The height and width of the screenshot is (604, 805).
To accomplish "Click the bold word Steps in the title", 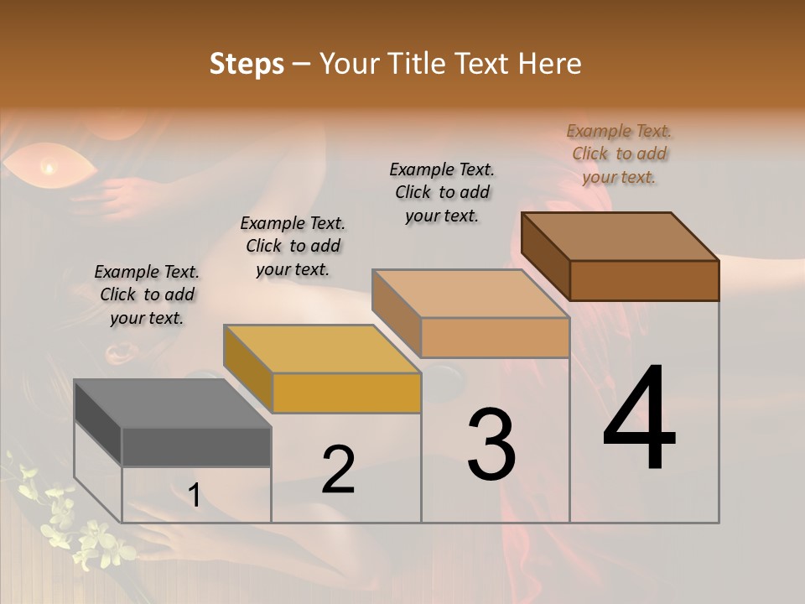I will point(246,64).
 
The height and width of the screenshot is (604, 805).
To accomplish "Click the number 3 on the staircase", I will point(491,445).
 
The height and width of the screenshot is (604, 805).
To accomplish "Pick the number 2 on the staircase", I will point(338,470).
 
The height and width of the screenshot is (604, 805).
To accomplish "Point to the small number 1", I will point(194,496).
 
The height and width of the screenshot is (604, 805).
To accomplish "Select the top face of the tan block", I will point(470,294).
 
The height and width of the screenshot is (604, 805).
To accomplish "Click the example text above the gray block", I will point(147,294).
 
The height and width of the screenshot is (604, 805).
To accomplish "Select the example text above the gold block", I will point(293,246).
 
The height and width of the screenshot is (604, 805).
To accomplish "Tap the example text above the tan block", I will point(442,192).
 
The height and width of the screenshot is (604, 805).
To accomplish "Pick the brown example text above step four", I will point(619,154).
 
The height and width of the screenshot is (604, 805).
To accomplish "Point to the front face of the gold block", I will point(346,393).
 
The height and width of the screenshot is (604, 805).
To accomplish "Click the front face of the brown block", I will point(644,280).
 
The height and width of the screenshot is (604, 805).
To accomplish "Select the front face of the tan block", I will point(495,337).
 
